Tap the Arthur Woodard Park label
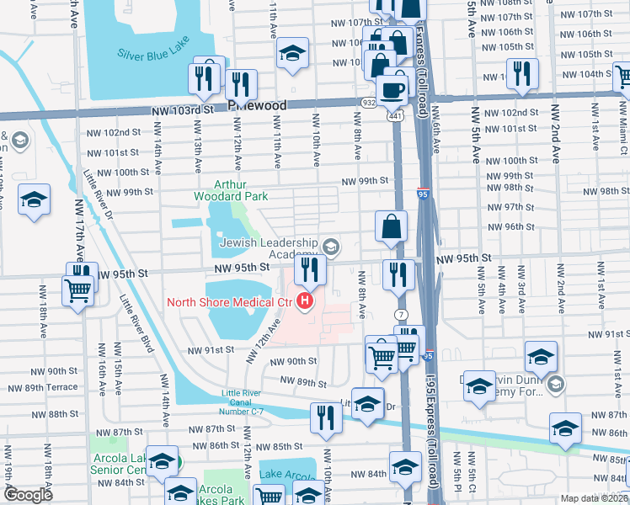coord(240,190)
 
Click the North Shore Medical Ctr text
coord(228,302)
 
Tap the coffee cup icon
coord(391,88)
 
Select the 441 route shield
coord(394,115)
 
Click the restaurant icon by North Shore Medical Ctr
coord(310,269)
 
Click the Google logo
coord(28,495)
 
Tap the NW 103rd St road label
coord(179,110)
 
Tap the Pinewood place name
coord(257,106)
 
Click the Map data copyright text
coord(593,498)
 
